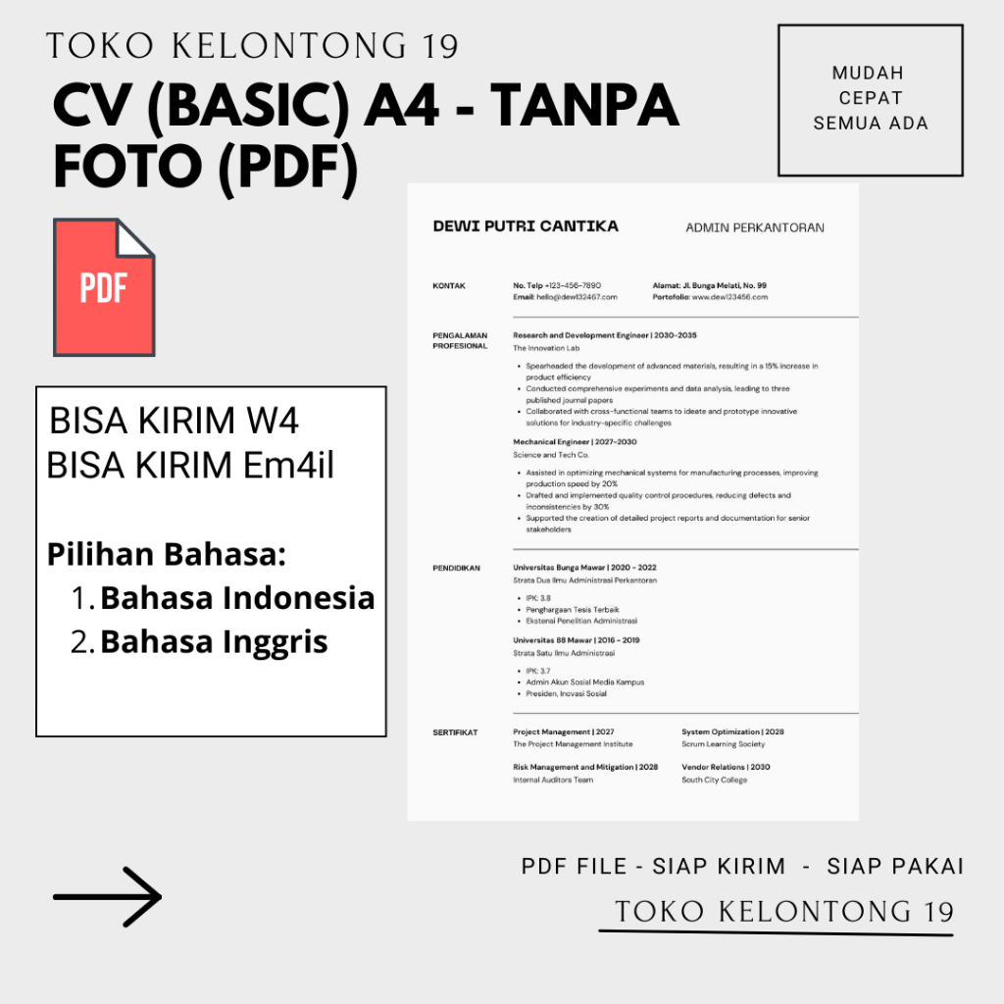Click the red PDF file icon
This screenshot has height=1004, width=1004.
103,287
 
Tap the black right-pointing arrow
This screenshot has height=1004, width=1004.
108,896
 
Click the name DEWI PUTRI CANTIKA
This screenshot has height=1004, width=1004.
526,226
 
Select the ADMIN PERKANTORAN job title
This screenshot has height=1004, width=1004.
755,227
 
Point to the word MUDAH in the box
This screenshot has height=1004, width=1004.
868,74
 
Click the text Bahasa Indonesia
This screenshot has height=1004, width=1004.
237,597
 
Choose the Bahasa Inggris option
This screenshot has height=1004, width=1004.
214,641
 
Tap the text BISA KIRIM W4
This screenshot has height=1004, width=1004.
174,421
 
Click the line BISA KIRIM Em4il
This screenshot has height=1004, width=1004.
190,465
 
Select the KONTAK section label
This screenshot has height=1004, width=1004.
449,285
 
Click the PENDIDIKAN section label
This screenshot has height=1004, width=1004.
457,568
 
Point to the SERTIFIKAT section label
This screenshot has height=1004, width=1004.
455,732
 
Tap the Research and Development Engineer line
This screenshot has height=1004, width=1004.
604,335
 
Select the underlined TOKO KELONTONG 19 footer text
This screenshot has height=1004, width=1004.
783,912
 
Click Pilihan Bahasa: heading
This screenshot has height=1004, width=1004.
167,555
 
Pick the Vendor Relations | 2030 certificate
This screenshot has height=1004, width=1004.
726,767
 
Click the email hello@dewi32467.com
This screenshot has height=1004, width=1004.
565,296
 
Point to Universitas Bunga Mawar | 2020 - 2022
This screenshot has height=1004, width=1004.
584,568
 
